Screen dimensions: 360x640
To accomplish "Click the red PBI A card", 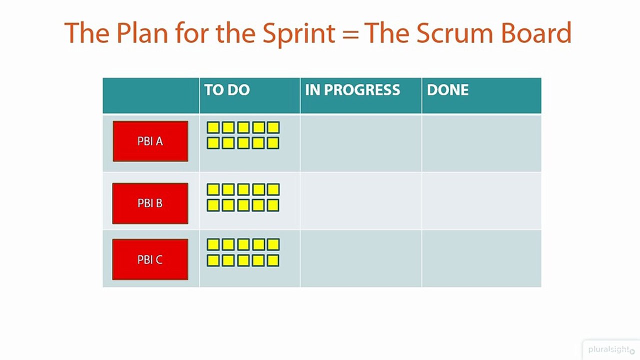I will click(150, 141).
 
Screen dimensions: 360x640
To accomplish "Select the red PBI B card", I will click(150, 203).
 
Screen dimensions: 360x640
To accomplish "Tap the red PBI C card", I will click(150, 259).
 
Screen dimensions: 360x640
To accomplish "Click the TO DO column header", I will click(227, 90).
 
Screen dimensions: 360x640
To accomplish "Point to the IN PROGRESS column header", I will click(352, 90).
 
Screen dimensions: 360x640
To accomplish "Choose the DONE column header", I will click(447, 90).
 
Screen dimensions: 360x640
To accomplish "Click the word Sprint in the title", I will click(299, 33).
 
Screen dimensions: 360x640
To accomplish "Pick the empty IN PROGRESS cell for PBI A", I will click(360, 143).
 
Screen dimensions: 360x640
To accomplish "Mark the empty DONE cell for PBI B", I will click(481, 201).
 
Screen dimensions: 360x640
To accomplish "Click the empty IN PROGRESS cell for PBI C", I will click(360, 258).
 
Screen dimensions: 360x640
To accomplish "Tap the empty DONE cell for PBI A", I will click(481, 143).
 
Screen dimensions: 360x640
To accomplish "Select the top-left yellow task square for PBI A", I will click(213, 127).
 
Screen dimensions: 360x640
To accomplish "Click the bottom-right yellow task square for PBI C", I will click(273, 260).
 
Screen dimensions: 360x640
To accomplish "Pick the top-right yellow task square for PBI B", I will click(273, 189).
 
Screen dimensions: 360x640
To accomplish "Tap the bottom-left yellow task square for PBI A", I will click(213, 143).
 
